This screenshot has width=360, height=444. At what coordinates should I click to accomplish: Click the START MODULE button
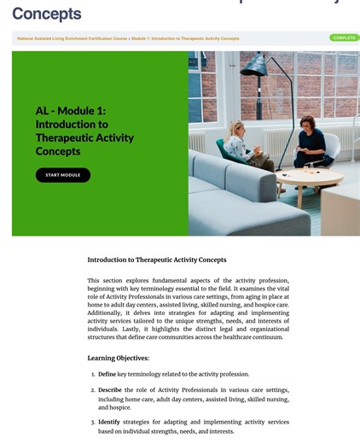[x=63, y=175]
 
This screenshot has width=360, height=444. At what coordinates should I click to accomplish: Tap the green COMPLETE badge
[x=344, y=38]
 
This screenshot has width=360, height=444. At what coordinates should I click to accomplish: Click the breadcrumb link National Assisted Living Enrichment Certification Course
[x=72, y=38]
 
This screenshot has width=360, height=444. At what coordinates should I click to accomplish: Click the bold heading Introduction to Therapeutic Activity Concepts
[x=157, y=260]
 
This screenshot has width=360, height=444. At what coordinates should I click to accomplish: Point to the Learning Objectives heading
[x=119, y=358]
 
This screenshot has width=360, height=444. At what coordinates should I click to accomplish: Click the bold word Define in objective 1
[x=107, y=374]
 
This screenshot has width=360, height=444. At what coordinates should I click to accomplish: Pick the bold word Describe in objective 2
[x=111, y=390]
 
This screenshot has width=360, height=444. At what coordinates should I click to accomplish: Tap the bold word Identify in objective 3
[x=109, y=422]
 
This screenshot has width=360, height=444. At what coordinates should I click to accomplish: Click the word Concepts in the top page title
[x=47, y=15]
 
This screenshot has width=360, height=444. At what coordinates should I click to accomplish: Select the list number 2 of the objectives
[x=93, y=390]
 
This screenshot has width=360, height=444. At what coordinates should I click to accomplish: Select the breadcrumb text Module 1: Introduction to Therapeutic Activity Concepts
[x=186, y=38]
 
